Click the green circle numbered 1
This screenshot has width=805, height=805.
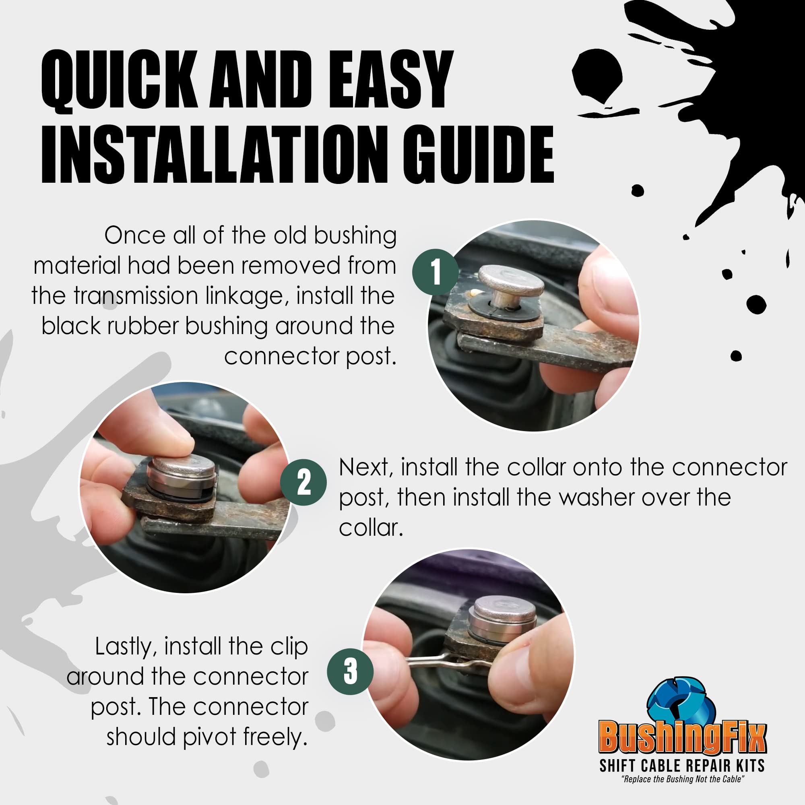click(435, 272)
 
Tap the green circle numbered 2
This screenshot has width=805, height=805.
click(303, 482)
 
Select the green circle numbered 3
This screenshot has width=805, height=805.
click(350, 671)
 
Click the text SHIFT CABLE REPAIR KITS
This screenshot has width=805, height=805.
click(682, 766)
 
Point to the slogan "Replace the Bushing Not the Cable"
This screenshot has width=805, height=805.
click(682, 779)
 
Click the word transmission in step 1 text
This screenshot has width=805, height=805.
click(135, 296)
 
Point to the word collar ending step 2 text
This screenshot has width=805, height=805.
click(369, 528)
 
